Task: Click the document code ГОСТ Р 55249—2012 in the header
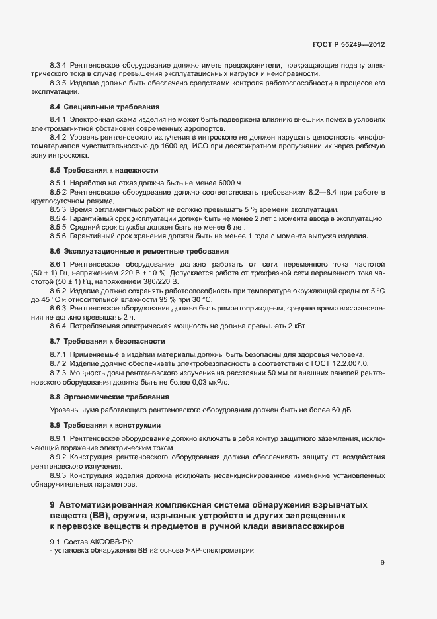pyautogui.click(x=348, y=44)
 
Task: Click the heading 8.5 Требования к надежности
pyautogui.click(x=104, y=170)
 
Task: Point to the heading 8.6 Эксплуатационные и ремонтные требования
pyautogui.click(x=139, y=251)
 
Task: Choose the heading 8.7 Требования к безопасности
pyautogui.click(x=107, y=340)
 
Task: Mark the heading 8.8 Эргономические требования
pyautogui.click(x=108, y=396)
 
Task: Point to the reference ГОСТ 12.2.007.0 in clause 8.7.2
pyautogui.click(x=339, y=364)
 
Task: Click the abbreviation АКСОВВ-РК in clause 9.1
pyautogui.click(x=107, y=542)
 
